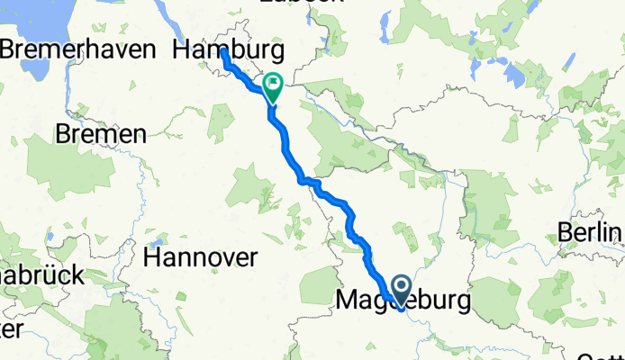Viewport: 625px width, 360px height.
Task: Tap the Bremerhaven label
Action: coord(77,49)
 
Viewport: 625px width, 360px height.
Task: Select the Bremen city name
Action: coord(101,135)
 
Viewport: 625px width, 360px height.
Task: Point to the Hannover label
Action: coord(201,257)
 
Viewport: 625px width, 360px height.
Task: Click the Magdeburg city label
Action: coord(403,301)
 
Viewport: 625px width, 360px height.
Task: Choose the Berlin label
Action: coord(591,232)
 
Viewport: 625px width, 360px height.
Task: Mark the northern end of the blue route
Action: coord(223,52)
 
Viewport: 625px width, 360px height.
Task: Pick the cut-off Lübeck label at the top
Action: coord(288,3)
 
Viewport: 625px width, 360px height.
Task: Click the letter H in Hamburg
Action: coord(180,49)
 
